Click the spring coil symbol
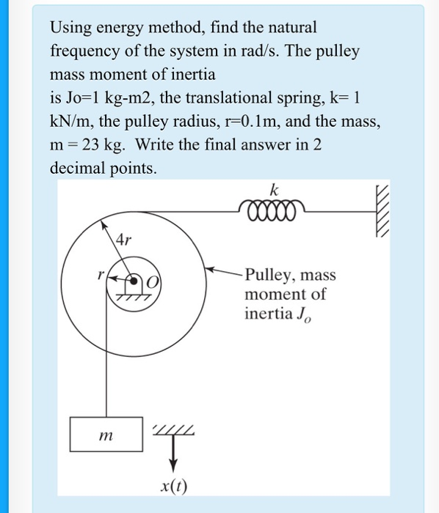(269, 210)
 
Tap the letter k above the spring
(274, 190)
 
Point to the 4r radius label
(125, 239)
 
